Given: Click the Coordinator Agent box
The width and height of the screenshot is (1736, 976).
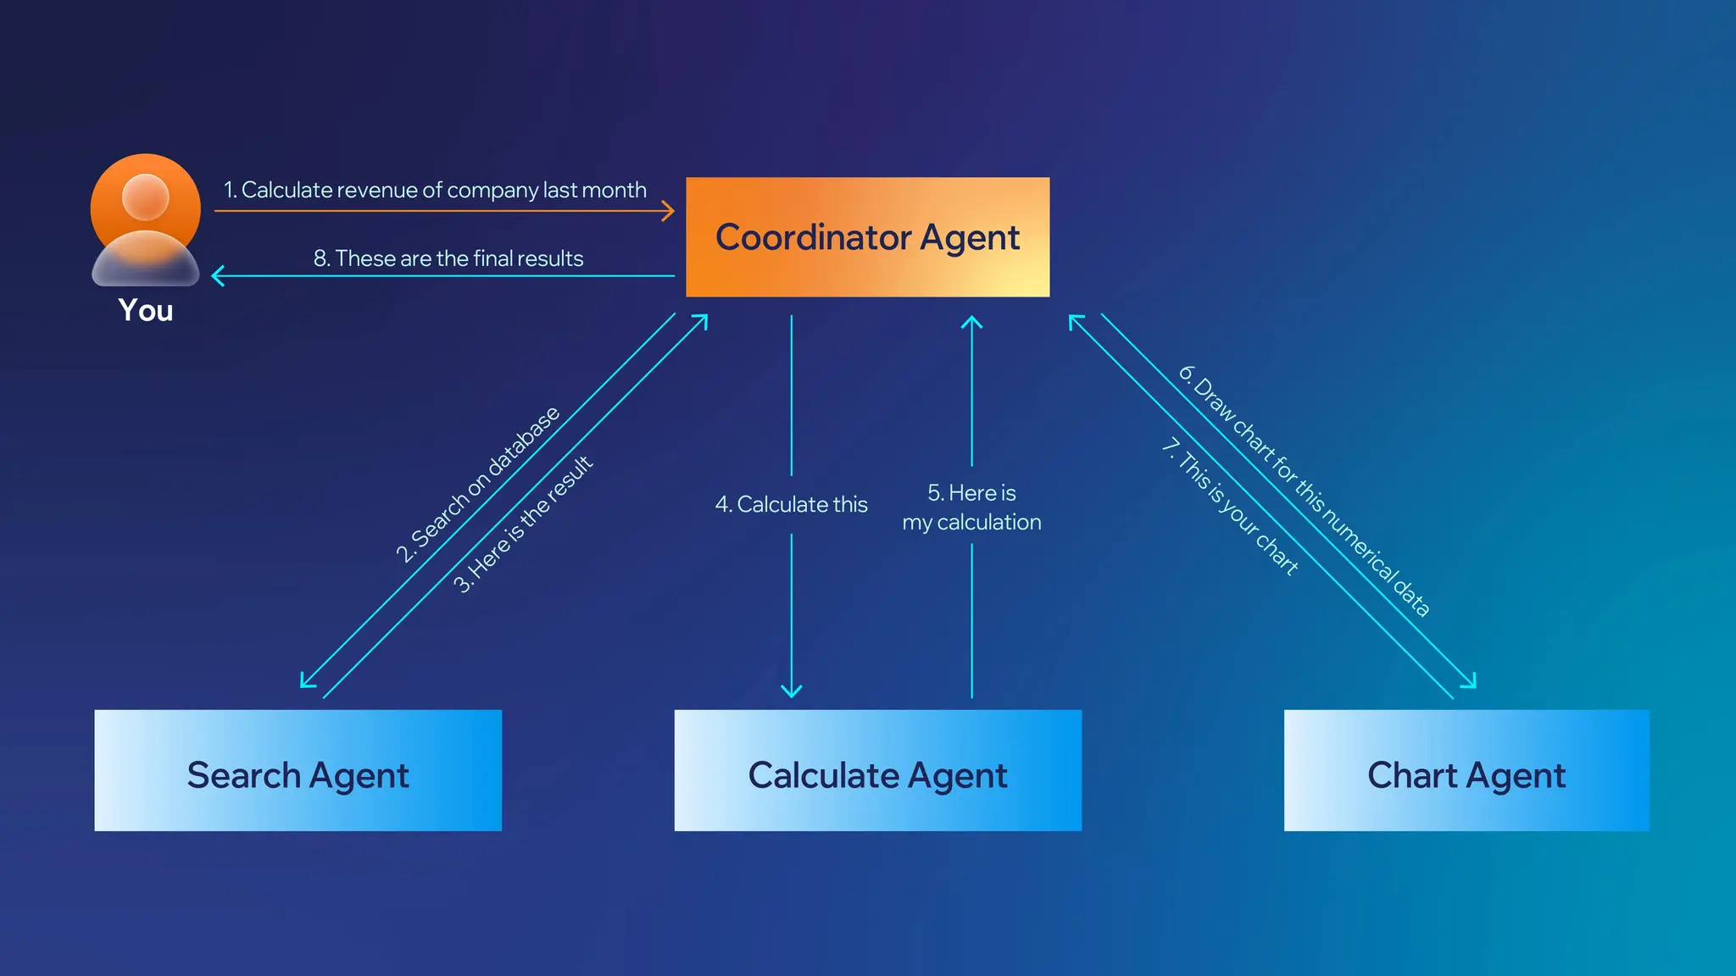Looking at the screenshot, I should point(867,237).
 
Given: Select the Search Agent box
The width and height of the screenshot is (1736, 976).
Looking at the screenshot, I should point(298,770).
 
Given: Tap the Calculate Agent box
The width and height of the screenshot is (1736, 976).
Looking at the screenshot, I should point(877,770).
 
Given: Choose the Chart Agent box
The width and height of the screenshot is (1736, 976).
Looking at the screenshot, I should point(1466,770).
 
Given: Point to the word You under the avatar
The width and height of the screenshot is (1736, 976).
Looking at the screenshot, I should point(146,311).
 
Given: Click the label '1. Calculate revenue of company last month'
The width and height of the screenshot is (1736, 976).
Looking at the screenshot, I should point(435,190).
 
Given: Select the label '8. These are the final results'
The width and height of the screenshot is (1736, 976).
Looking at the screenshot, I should point(448,258).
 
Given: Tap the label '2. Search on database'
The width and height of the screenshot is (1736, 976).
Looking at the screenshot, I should point(477,485).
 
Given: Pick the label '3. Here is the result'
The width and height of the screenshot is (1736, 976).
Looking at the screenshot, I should point(522,524).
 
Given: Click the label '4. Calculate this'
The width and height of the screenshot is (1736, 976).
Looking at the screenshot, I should point(791,504).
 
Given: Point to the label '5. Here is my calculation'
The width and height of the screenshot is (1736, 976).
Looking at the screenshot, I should point(971,507).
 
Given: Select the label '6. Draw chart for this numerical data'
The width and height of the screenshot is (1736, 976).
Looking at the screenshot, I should point(1305,491).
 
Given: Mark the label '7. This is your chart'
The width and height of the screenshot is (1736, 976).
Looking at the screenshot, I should point(1230,507).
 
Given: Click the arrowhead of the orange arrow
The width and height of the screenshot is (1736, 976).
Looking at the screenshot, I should point(670,211).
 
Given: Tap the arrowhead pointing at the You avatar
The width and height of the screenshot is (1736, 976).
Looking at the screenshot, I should point(217,276).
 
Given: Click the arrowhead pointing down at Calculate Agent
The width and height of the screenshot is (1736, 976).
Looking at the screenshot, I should point(791,691).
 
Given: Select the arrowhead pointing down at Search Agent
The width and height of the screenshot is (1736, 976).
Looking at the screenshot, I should point(307,681).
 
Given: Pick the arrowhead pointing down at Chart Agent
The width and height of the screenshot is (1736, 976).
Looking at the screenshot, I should point(1471,682).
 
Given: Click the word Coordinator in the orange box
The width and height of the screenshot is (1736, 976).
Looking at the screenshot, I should point(813,237).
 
